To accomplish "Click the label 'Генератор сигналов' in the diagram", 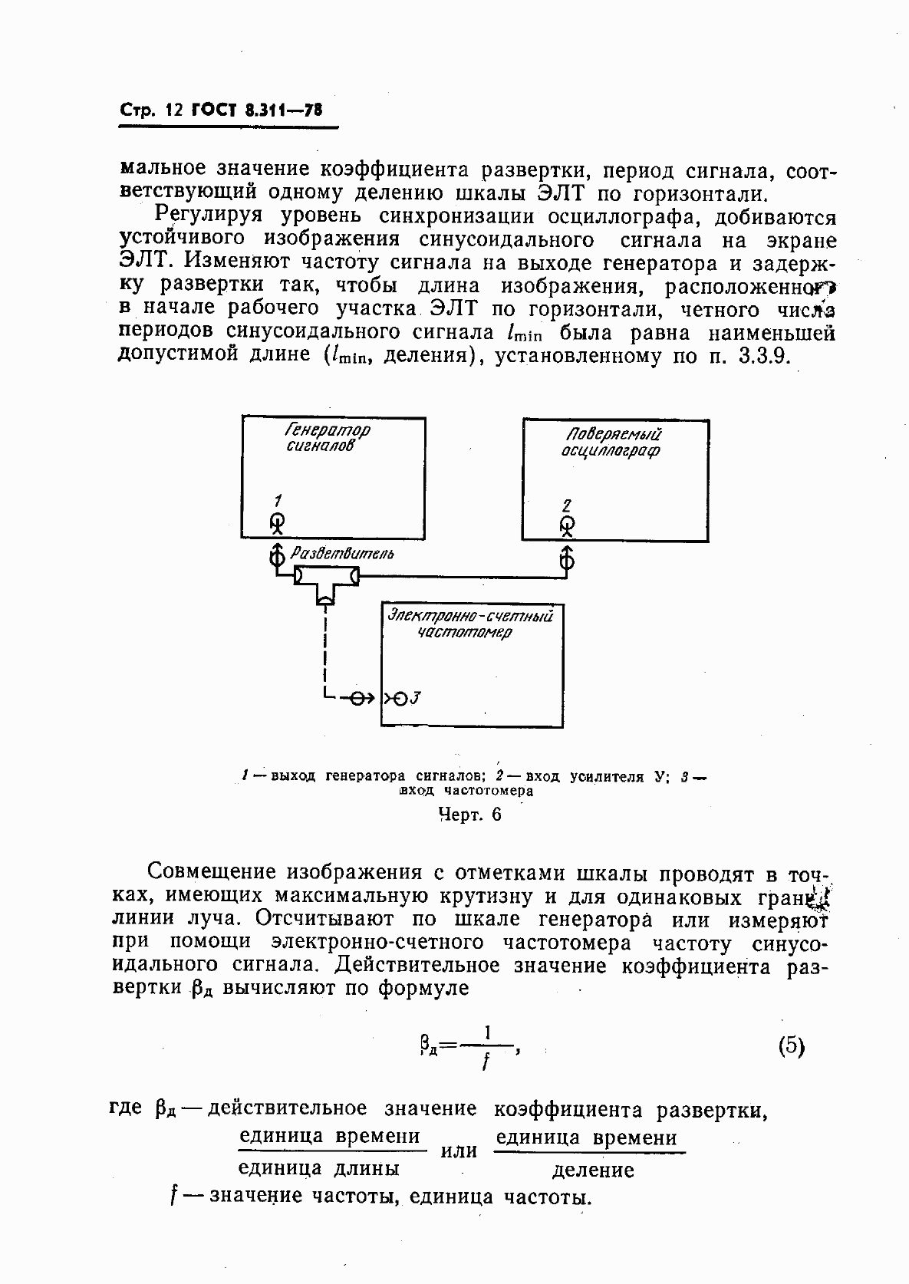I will (x=326, y=437).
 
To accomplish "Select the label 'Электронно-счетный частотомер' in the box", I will (x=470, y=623).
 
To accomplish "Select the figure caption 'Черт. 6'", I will (x=469, y=815).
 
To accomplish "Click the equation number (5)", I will (x=791, y=1046).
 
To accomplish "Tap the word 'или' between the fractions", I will (x=459, y=1151).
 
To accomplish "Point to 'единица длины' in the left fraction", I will (x=318, y=1168).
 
